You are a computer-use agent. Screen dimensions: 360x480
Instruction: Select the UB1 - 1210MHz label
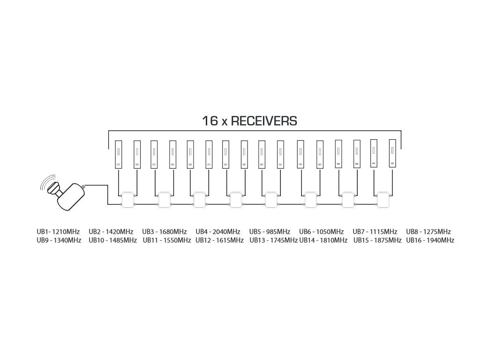pos(58,232)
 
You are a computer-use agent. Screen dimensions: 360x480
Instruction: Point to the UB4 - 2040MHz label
pos(217,232)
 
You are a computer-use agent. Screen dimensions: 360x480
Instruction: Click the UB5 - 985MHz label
pos(270,232)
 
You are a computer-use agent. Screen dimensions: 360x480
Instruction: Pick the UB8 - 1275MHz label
pos(428,232)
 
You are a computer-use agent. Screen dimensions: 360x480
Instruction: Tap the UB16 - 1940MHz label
pos(430,240)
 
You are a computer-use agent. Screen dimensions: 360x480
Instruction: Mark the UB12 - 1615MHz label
pos(219,240)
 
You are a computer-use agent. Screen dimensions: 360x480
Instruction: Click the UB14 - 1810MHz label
pos(323,240)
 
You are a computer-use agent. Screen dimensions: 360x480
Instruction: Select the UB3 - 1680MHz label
pos(164,232)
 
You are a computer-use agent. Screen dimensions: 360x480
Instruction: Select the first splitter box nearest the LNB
pos(128,200)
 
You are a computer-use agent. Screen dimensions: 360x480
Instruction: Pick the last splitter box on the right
pos(383,200)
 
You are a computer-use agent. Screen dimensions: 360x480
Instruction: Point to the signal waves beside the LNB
pos(47,185)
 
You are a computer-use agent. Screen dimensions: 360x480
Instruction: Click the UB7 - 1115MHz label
pos(375,232)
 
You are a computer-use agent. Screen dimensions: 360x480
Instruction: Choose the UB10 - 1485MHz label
pos(112,240)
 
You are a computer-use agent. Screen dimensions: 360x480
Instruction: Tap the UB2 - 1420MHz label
pos(111,232)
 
